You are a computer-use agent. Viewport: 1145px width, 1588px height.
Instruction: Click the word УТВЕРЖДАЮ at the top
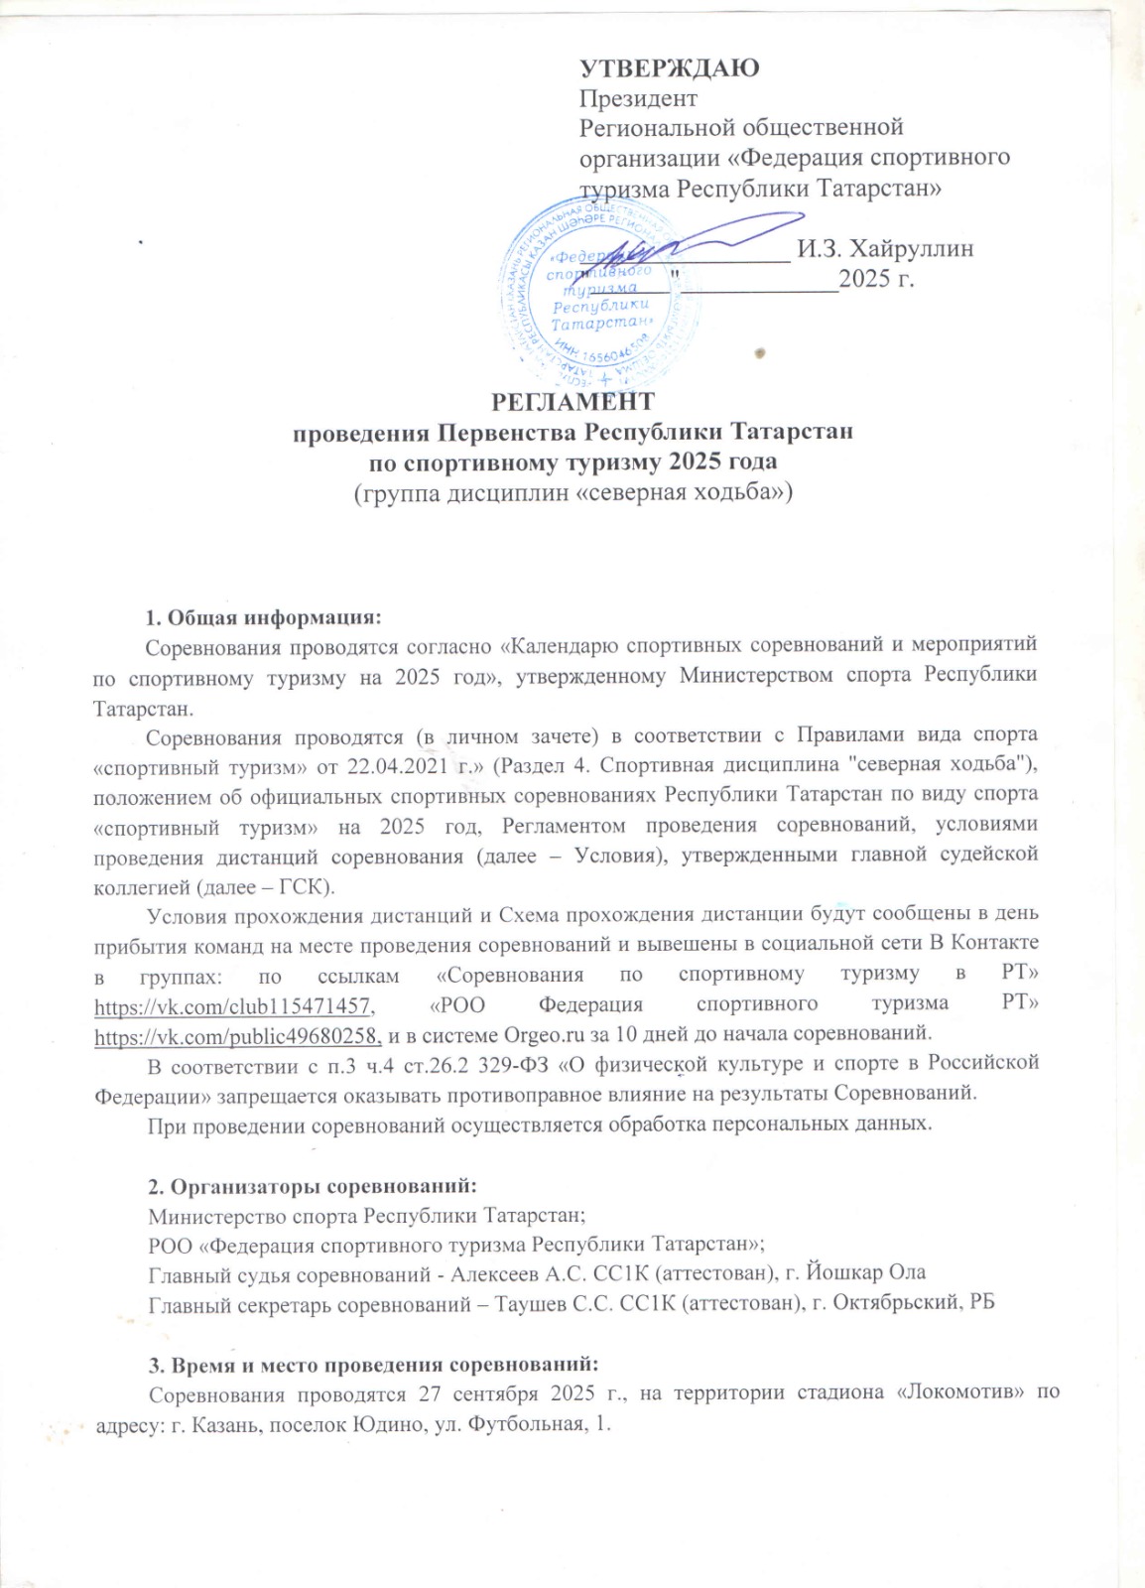(x=670, y=67)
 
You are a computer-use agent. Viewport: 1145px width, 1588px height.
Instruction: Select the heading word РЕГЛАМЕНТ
(x=573, y=402)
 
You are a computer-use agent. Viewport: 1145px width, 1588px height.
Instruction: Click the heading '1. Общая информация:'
(x=263, y=617)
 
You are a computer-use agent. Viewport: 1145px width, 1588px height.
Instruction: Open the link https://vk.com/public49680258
(x=238, y=1036)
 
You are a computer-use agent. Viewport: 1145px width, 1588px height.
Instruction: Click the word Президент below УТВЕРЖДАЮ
(x=638, y=98)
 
